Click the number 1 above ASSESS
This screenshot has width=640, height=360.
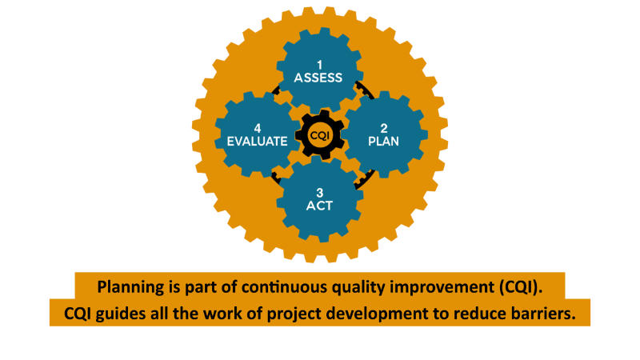point(319,65)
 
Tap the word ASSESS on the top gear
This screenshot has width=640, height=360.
point(318,78)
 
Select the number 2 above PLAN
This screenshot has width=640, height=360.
point(384,129)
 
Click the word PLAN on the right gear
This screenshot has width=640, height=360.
point(384,142)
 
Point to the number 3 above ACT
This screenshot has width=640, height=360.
point(319,193)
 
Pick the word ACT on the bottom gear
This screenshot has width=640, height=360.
point(319,206)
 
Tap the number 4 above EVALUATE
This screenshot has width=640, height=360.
point(258,129)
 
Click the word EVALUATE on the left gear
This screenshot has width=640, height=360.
point(257,142)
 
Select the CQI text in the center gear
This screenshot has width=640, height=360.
point(319,135)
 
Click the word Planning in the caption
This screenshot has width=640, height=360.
point(130,287)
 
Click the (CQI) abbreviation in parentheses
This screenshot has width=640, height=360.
point(521,287)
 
